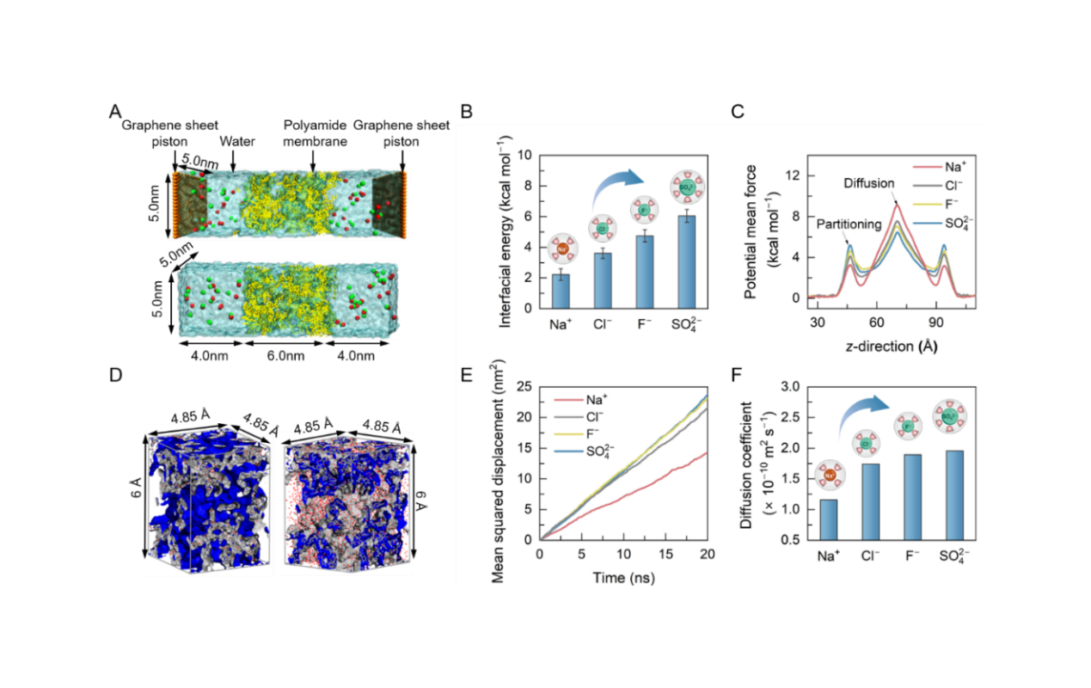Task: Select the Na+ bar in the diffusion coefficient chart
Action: click(x=828, y=519)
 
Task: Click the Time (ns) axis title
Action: click(x=622, y=579)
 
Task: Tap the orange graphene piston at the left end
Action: click(x=175, y=202)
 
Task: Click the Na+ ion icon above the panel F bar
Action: click(x=828, y=474)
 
